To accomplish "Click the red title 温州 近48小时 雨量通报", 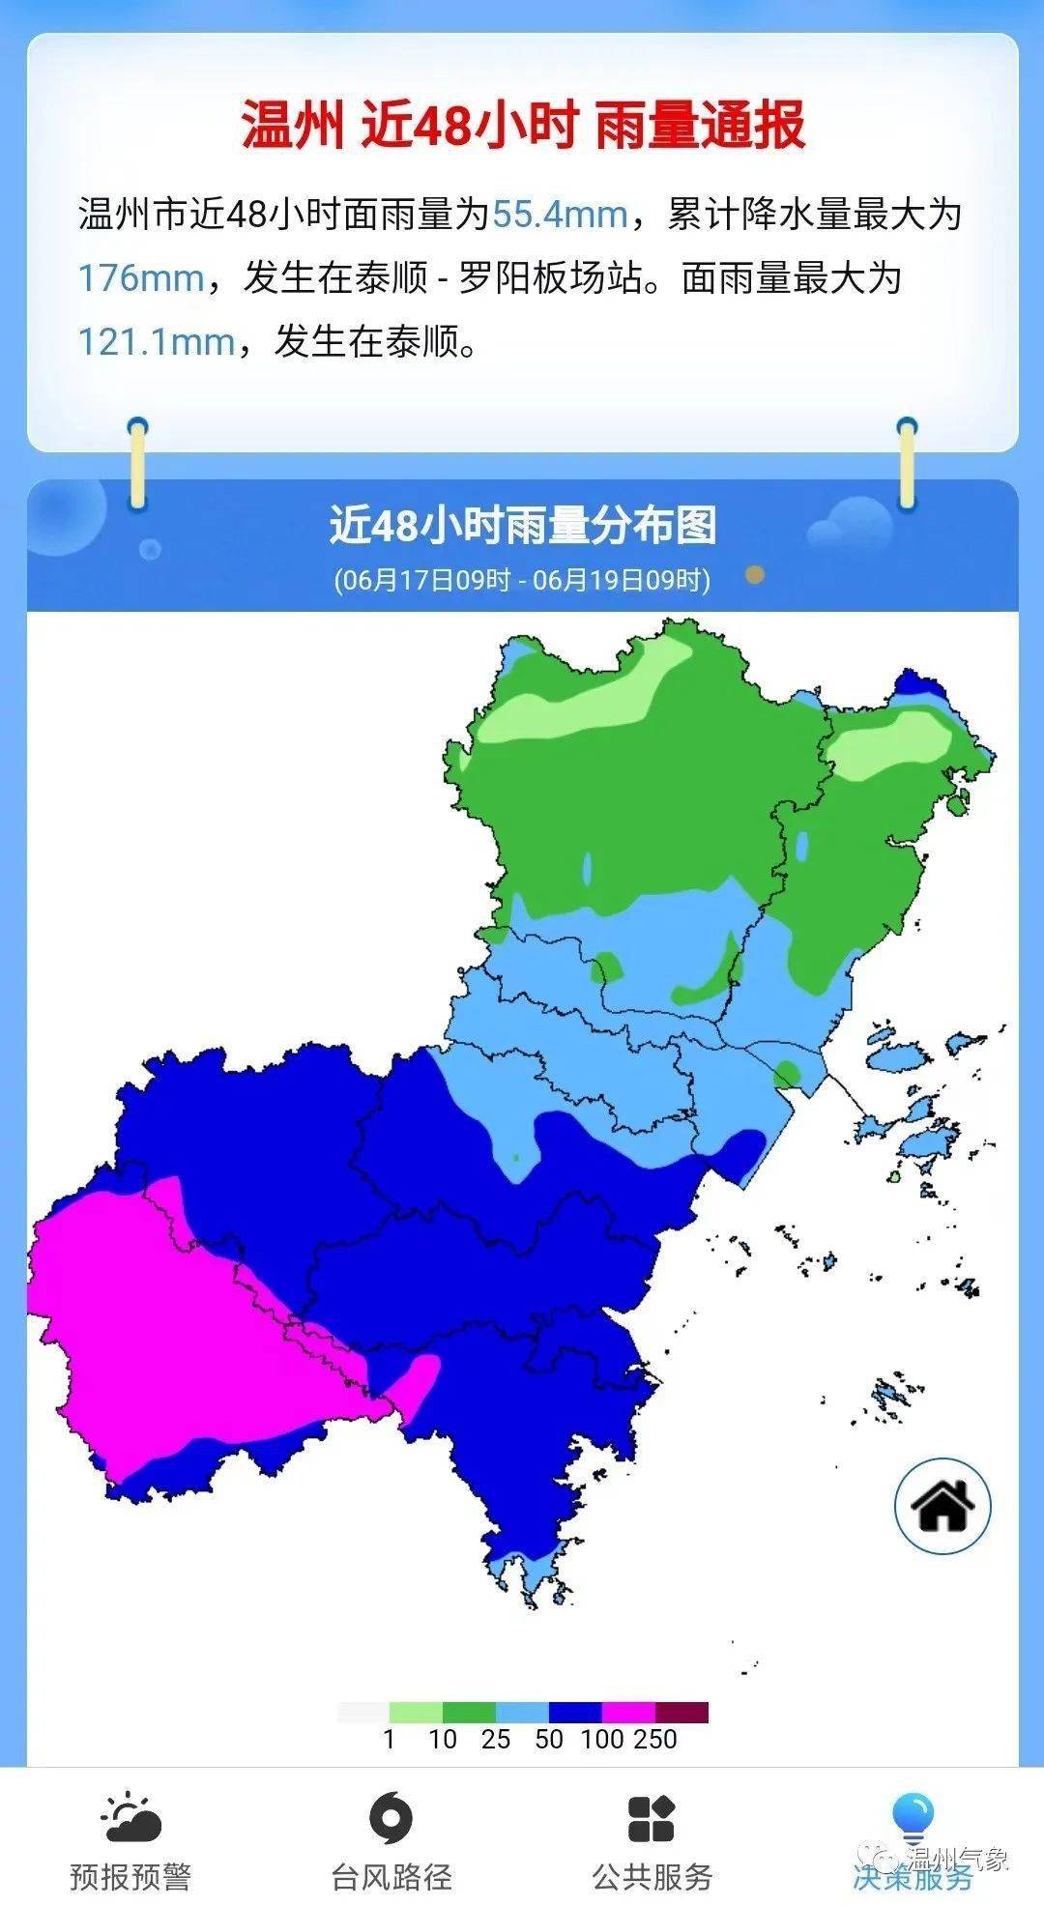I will (523, 126).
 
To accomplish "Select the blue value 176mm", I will (140, 278).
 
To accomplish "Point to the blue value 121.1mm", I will (157, 341).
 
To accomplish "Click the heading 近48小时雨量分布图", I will (523, 526).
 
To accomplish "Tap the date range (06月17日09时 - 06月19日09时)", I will (523, 580).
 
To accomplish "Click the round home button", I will (942, 1506).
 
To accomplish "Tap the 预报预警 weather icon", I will (131, 1818).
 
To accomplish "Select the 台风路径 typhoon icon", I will (391, 1818).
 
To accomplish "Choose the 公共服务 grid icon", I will (652, 1818).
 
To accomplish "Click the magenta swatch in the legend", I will (628, 1713).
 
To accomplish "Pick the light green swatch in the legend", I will (416, 1713).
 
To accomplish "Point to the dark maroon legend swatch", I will (681, 1713).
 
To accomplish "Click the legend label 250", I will (656, 1740).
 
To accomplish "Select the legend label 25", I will (496, 1740).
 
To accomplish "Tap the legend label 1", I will (390, 1740).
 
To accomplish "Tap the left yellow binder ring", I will (138, 464).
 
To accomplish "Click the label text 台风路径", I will (391, 1877).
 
